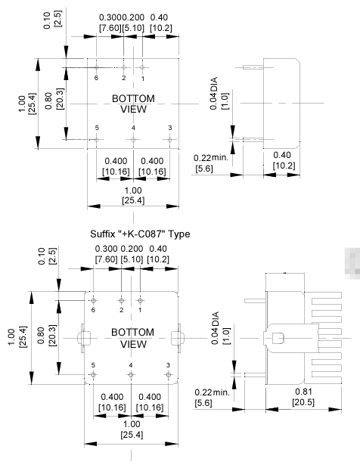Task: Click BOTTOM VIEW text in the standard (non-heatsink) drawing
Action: tap(133, 104)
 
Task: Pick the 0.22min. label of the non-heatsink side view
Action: tap(211, 392)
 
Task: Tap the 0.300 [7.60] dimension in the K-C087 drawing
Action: tap(107, 253)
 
